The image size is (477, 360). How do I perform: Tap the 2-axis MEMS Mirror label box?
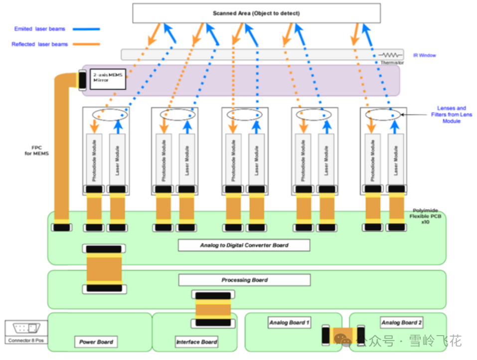pyautogui.click(x=107, y=79)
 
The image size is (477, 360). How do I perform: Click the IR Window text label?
pyautogui.click(x=425, y=55)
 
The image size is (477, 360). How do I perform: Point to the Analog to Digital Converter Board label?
pyautogui.click(x=244, y=245)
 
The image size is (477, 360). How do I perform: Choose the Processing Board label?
pyautogui.click(x=244, y=280)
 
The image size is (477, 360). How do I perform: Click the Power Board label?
pyautogui.click(x=96, y=342)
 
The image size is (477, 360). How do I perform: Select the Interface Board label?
pyautogui.click(x=196, y=342)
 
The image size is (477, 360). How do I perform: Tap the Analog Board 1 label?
pyautogui.click(x=289, y=323)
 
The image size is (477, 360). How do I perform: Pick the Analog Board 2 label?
pyautogui.click(x=402, y=323)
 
